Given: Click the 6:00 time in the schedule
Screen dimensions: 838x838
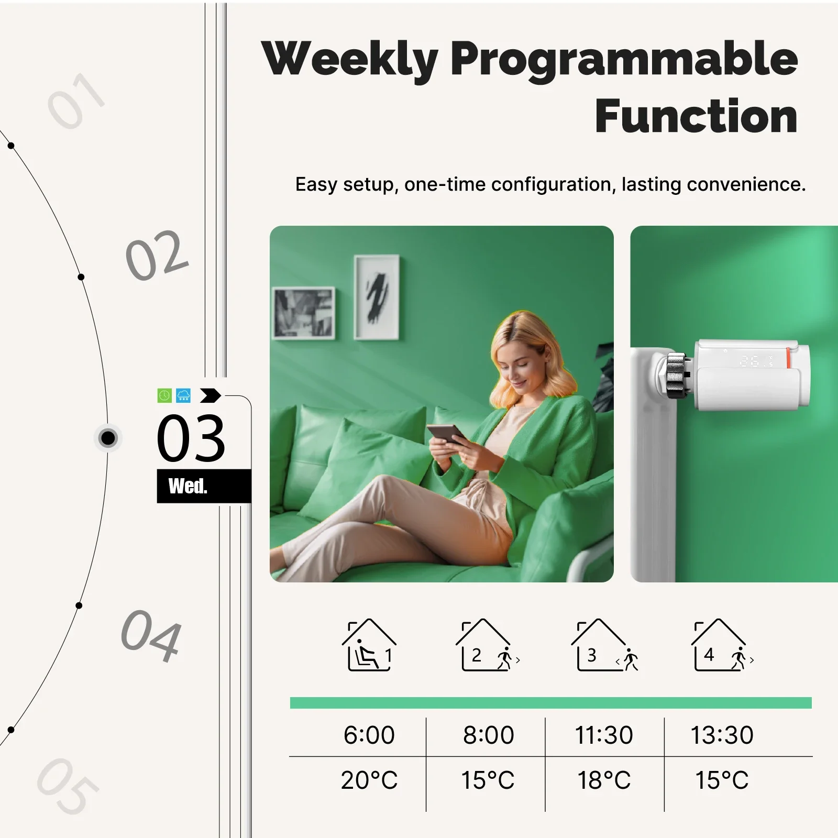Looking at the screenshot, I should point(369,735).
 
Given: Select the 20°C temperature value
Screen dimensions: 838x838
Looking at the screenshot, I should point(369,780).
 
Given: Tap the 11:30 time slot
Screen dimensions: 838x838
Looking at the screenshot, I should point(604,735).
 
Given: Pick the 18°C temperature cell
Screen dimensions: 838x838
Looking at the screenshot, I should point(604,780).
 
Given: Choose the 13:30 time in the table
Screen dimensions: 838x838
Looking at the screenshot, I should point(722,735).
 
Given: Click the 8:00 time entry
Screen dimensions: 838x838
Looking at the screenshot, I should point(488,735).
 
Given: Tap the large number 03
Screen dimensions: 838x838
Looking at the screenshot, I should point(191,438).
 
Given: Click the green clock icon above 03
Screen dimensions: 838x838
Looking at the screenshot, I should point(164,395).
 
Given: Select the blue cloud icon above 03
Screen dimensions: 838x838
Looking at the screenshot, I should point(183,395).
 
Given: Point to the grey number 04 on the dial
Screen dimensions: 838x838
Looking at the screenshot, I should point(151,635).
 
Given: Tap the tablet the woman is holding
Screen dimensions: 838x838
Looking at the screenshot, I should point(447,434).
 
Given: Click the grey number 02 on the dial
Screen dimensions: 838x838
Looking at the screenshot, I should point(157,255).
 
